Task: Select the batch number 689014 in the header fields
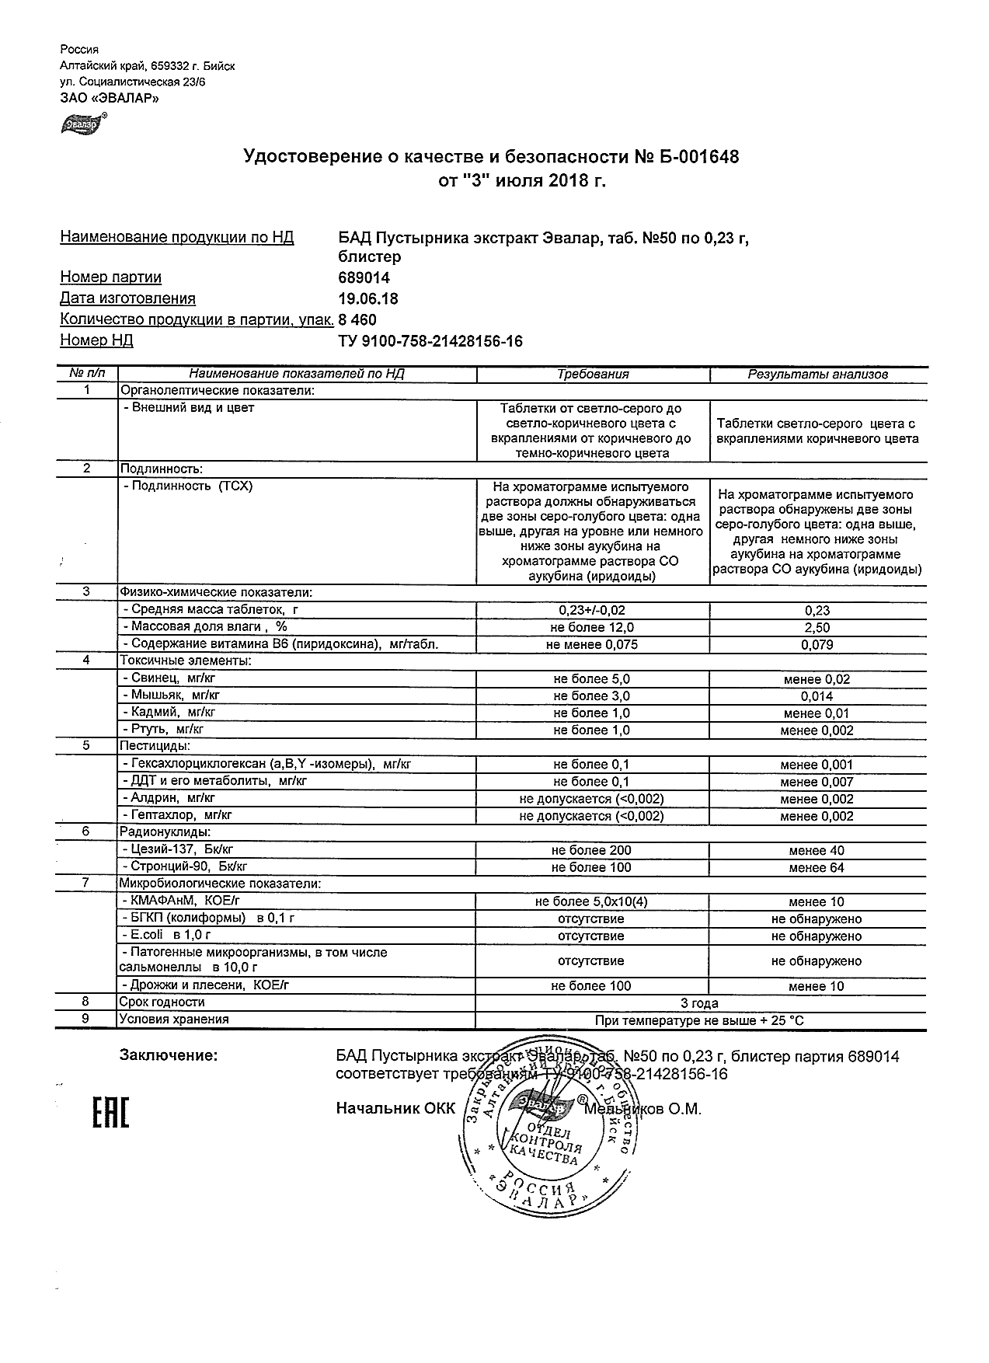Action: click(364, 277)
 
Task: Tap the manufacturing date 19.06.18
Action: click(368, 298)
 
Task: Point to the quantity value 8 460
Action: click(358, 319)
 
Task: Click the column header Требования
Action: click(593, 375)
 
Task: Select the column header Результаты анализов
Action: click(817, 375)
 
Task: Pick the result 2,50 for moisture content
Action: click(817, 628)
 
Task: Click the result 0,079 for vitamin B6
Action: click(817, 645)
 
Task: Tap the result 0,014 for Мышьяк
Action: click(817, 696)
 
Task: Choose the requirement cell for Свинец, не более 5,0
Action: click(592, 679)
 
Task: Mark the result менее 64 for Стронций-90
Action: click(817, 868)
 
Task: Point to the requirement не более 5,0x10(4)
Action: click(592, 902)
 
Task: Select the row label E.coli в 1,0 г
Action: click(166, 936)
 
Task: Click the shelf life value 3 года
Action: click(700, 1003)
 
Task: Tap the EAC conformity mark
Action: click(110, 1112)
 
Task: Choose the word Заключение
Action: click(169, 1056)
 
